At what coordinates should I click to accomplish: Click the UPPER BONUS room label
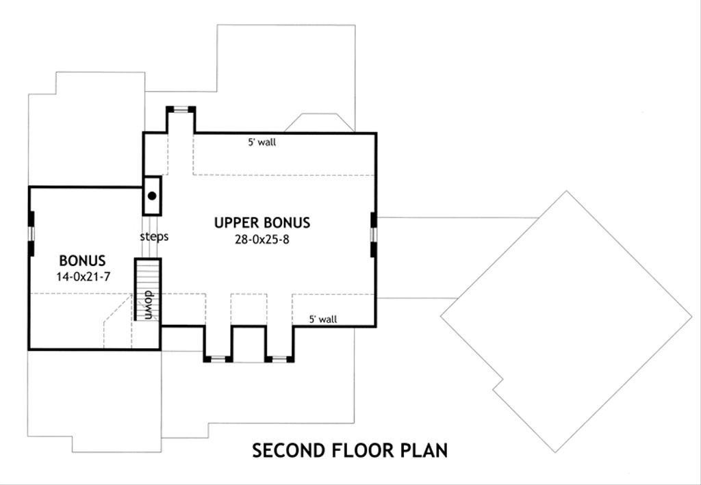[262, 222]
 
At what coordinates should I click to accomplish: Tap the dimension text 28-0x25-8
[262, 239]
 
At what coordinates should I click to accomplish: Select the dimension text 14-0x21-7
[82, 276]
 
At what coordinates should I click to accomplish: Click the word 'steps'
[154, 237]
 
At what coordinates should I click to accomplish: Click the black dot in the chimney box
[152, 196]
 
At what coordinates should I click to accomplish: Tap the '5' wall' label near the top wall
[262, 143]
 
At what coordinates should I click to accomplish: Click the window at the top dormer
[181, 108]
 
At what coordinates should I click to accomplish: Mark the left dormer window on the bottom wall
[218, 358]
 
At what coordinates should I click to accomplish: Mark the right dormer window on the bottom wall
[279, 358]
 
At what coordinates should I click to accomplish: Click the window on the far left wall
[30, 233]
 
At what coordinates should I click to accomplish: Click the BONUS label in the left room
[82, 261]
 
